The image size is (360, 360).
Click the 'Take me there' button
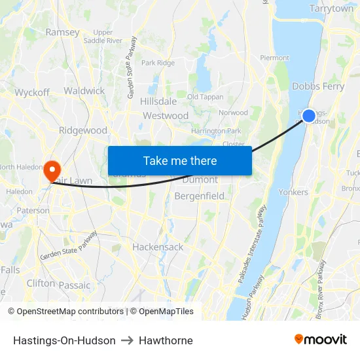(x=179, y=160)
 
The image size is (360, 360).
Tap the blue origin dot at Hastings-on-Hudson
(x=309, y=116)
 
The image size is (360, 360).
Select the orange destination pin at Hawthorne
(x=52, y=171)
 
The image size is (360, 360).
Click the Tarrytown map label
(x=331, y=9)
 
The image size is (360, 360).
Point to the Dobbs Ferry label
(x=318, y=86)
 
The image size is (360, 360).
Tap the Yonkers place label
(x=293, y=192)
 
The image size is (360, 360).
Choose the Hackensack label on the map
(x=158, y=247)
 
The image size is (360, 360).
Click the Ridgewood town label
(x=83, y=130)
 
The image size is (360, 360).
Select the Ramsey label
(x=63, y=32)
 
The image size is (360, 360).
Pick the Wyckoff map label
(x=32, y=92)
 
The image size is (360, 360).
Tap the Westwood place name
(x=166, y=116)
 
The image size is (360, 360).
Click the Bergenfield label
(x=199, y=196)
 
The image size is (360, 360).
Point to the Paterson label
(x=33, y=211)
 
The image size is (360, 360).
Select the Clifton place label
(x=41, y=283)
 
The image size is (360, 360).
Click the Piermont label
(x=274, y=58)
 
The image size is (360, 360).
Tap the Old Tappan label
(x=205, y=97)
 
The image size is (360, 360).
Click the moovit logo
(x=321, y=340)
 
